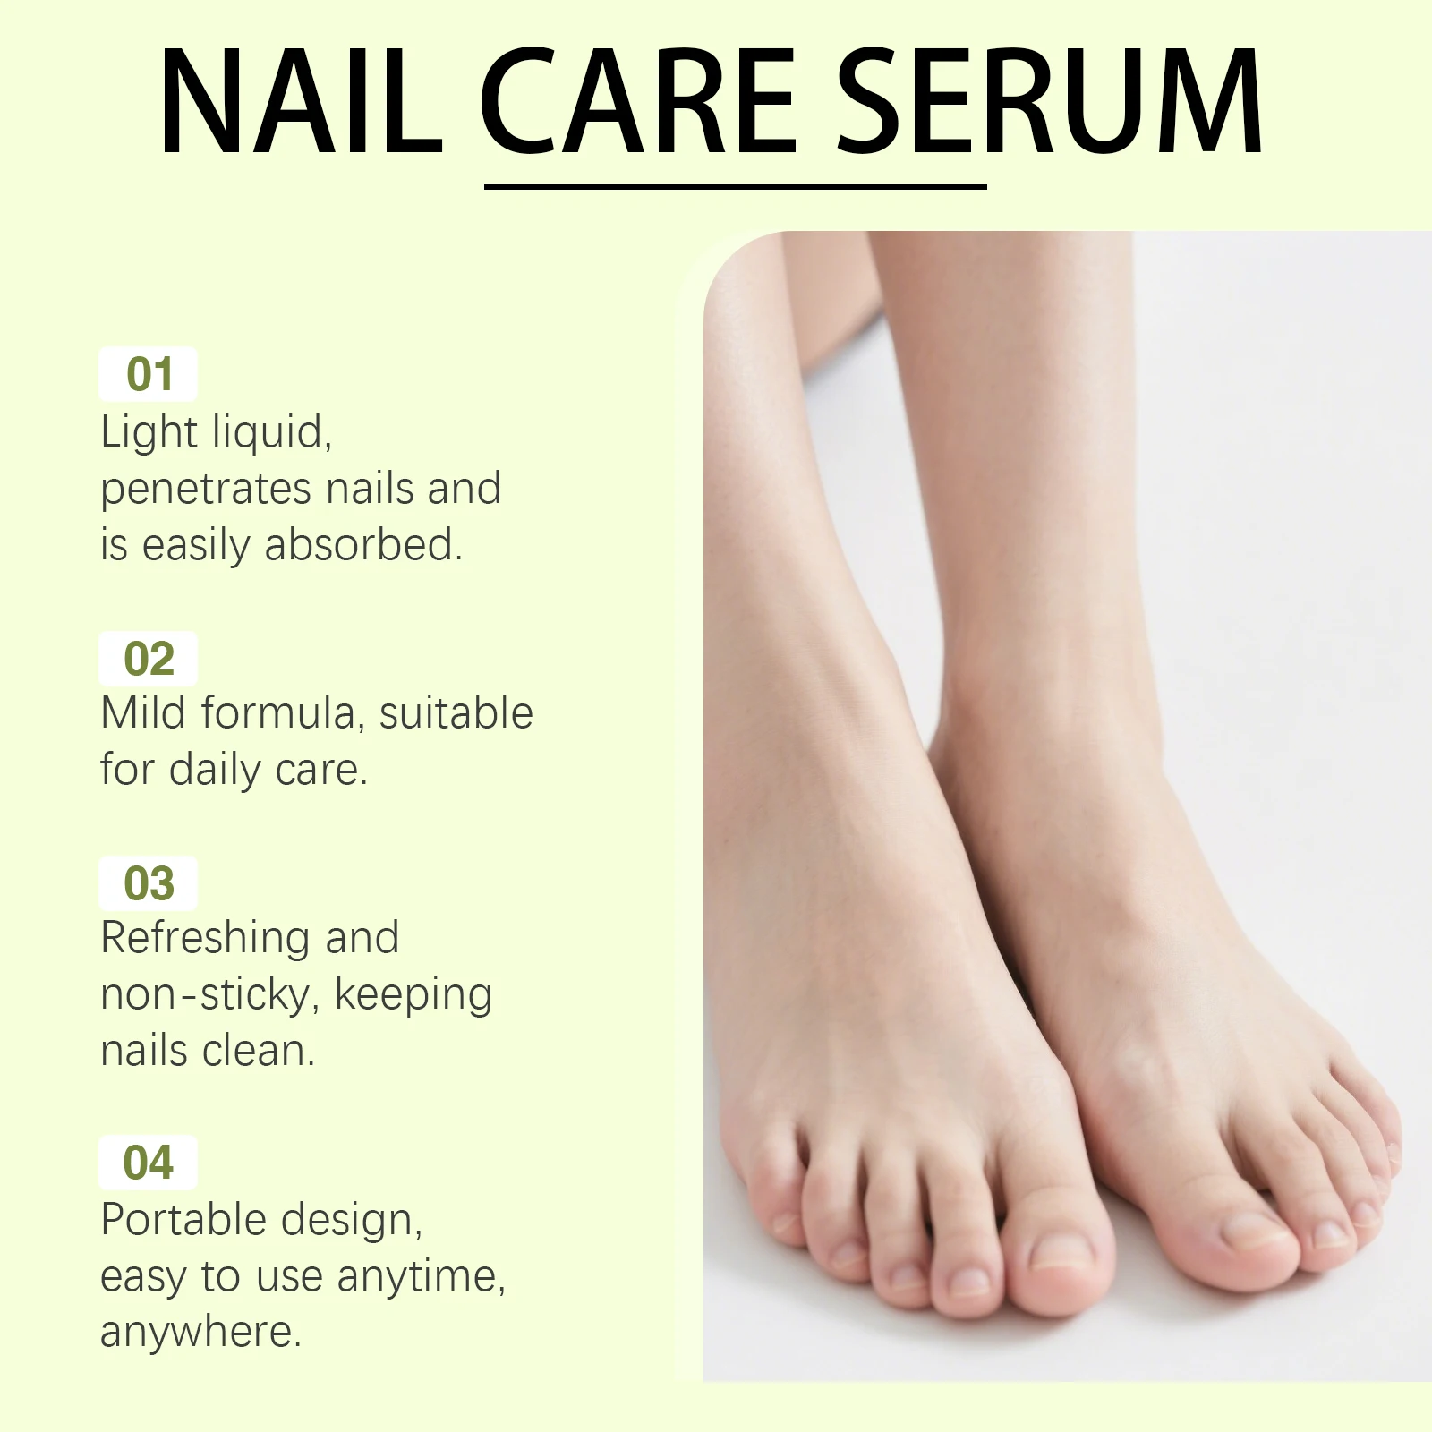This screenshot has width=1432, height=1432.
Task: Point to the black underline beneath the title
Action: coord(735,187)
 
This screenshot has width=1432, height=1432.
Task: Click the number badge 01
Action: coord(149,374)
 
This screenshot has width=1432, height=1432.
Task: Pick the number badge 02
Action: coord(149,659)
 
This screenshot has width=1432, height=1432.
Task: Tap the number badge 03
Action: coord(149,883)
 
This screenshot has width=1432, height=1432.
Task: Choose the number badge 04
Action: coord(149,1163)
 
